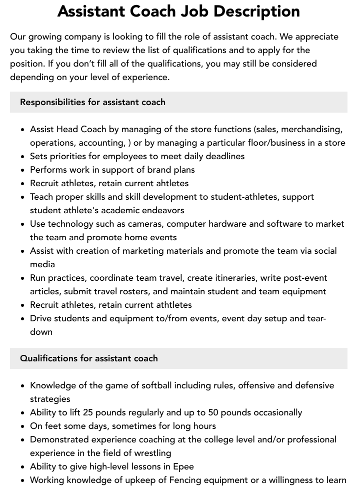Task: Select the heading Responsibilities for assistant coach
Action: (92, 102)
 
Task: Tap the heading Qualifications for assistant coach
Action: (89, 358)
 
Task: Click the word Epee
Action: (183, 466)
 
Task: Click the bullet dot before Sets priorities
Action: (23, 156)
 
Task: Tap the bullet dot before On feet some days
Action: (23, 426)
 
